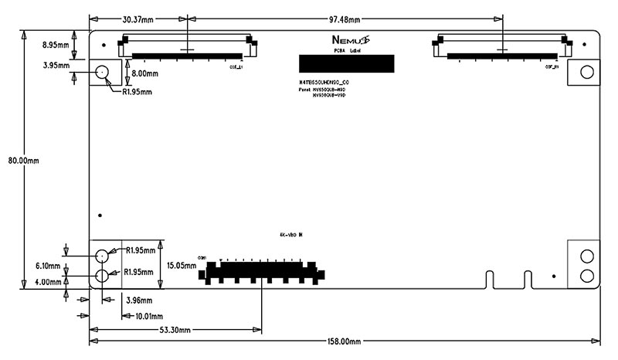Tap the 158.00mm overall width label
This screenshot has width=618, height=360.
(x=345, y=341)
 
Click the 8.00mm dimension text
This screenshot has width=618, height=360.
(x=145, y=73)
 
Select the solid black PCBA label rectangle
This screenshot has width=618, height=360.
(x=345, y=65)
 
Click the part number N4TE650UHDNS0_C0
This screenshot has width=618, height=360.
(x=329, y=81)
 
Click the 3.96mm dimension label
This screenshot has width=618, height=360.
(x=137, y=300)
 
